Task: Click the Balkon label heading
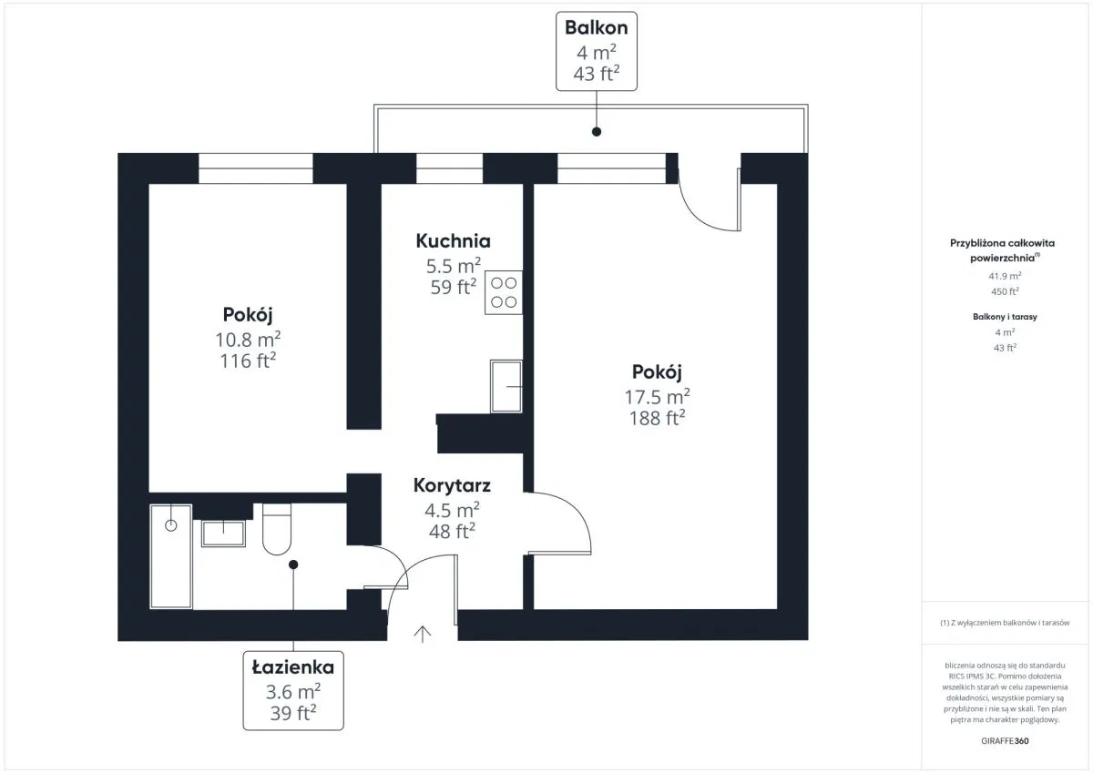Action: point(597,28)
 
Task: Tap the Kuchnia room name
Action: point(454,241)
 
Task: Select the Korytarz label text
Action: point(452,486)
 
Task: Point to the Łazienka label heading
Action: point(293,666)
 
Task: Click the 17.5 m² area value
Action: point(658,397)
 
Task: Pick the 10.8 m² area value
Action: point(248,340)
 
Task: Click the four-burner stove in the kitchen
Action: point(504,292)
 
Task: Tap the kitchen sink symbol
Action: point(506,386)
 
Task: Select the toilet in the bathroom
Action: point(277,529)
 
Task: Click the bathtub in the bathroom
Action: point(171,556)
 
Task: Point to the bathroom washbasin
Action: point(223,533)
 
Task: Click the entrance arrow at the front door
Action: point(423,634)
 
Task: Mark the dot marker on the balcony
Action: point(597,132)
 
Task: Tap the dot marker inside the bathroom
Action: point(293,564)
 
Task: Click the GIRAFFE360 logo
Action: point(1005,741)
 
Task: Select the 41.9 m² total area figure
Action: point(1005,276)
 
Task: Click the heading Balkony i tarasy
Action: point(1005,317)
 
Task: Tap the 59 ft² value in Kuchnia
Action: point(454,287)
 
